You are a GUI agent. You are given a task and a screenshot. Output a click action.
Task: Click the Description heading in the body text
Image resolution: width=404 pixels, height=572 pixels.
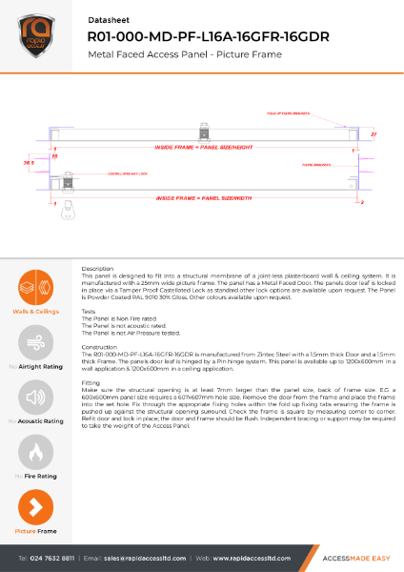tap(98, 269)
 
